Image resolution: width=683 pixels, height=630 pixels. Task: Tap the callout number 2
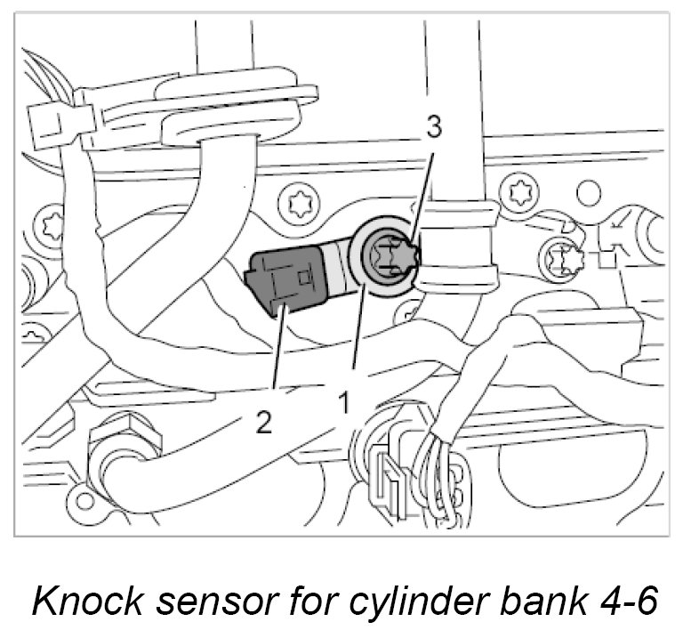pyautogui.click(x=263, y=422)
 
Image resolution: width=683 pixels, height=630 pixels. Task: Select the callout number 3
pyautogui.click(x=433, y=128)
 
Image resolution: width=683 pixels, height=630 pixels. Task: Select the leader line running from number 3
pyautogui.click(x=421, y=196)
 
